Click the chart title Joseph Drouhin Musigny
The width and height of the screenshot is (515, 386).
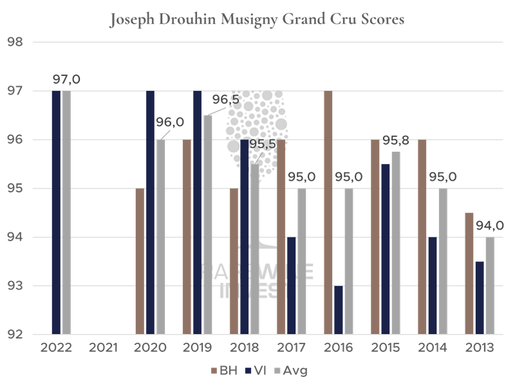(257, 19)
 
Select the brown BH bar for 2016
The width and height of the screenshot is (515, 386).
(328, 212)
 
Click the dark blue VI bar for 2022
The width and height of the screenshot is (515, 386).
(56, 212)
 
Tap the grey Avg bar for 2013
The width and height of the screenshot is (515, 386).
(490, 286)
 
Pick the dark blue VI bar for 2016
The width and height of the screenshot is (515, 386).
(339, 310)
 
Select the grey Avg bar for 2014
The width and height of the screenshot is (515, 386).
(443, 261)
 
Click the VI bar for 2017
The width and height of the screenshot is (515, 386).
(292, 286)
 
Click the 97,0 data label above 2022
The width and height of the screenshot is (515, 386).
(66, 80)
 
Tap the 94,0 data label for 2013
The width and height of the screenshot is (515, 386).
(490, 226)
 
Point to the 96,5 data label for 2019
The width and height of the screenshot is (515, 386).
(225, 101)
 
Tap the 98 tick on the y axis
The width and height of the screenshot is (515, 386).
(14, 42)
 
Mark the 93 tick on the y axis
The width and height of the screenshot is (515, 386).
(14, 286)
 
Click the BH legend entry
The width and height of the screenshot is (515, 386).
(222, 371)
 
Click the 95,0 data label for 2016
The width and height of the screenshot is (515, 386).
(349, 177)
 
